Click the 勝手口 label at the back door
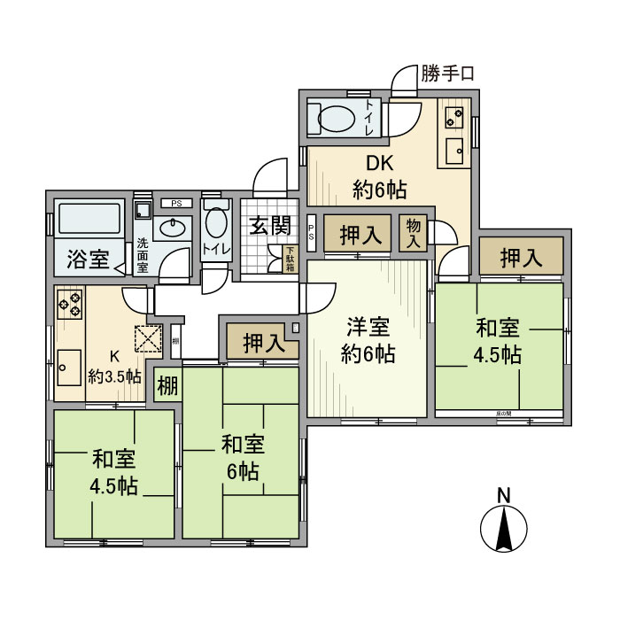(447, 74)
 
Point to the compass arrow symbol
(503, 531)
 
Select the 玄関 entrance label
(268, 226)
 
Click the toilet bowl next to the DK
(334, 119)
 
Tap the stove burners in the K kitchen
(70, 305)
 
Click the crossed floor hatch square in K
(148, 338)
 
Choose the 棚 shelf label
(167, 385)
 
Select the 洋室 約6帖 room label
(368, 341)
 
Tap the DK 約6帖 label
(379, 176)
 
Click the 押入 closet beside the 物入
(360, 236)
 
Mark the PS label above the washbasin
(175, 202)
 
